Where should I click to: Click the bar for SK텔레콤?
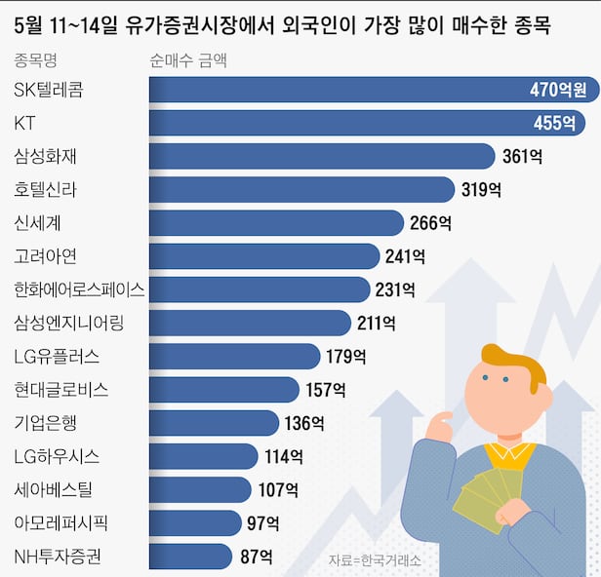[x=371, y=91]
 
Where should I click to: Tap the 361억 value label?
[x=523, y=157]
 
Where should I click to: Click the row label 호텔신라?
[x=46, y=190]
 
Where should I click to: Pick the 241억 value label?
[x=405, y=256]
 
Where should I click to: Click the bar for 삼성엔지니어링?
[x=249, y=323]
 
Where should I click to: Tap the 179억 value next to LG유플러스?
[x=345, y=356]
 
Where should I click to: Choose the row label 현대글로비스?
[x=61, y=390]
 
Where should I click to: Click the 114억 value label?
[x=283, y=456]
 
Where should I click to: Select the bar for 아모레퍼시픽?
[x=194, y=522]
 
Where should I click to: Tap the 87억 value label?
[x=256, y=557]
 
